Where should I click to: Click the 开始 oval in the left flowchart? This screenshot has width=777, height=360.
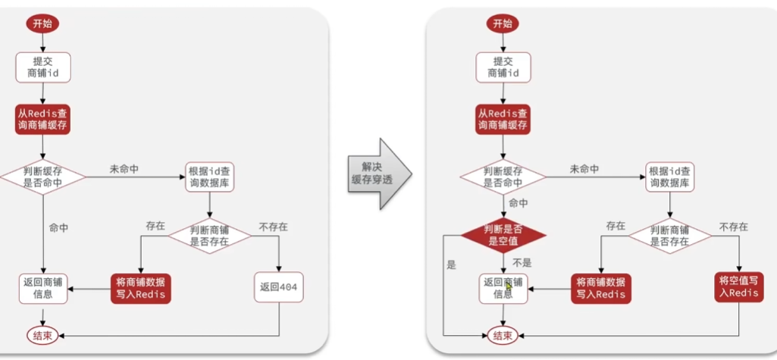42,23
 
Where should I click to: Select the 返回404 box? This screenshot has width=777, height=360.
280,287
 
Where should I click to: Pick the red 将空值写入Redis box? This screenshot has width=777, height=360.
738,287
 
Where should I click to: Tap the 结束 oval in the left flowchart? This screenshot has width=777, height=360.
42,335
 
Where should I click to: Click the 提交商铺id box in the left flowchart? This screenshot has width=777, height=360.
42,67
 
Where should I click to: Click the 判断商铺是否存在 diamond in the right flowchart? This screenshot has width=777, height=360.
669,235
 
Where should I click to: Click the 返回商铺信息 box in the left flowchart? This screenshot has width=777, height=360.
42,287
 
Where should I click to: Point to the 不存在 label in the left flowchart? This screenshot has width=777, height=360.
273,227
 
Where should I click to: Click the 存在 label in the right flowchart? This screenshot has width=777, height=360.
616,226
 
